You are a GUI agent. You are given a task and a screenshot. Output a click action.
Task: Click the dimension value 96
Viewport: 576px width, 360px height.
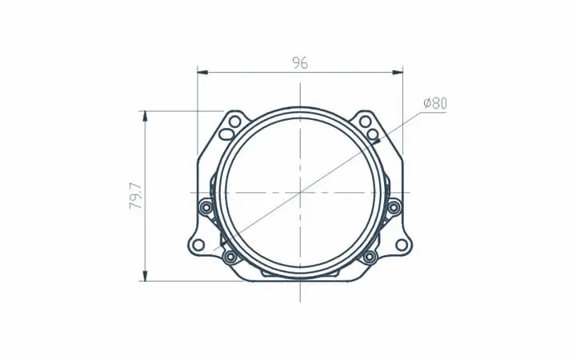pyautogui.click(x=300, y=63)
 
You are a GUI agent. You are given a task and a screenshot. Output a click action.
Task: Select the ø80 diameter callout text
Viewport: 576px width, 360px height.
pyautogui.click(x=435, y=103)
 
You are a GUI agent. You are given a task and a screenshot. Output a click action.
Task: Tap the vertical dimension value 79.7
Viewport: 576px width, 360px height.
pyautogui.click(x=135, y=196)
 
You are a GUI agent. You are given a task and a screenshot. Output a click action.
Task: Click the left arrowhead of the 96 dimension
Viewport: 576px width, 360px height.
pyautogui.click(x=202, y=72)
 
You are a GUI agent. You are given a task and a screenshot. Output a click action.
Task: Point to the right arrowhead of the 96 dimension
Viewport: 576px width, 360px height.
pyautogui.click(x=398, y=72)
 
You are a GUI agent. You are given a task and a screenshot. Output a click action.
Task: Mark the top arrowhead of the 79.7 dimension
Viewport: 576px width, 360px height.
pyautogui.click(x=145, y=116)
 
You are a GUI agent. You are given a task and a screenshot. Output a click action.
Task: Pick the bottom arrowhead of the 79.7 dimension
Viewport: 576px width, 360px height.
pyautogui.click(x=145, y=276)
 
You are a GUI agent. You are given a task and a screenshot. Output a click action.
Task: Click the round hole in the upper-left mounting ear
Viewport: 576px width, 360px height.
pyautogui.click(x=234, y=122)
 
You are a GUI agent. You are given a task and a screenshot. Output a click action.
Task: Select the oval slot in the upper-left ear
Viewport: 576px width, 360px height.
pyautogui.click(x=226, y=134)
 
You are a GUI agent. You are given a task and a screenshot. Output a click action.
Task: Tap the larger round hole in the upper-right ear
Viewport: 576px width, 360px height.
pyautogui.click(x=365, y=122)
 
